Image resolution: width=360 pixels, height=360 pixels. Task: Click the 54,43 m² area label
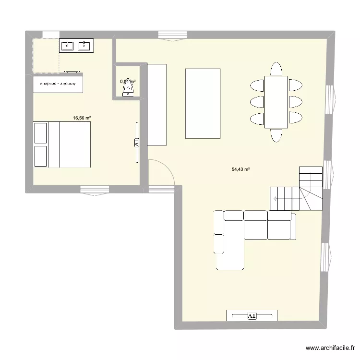[241, 169]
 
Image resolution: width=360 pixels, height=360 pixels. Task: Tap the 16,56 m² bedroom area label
[82, 117]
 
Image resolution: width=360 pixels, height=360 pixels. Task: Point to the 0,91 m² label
[128, 82]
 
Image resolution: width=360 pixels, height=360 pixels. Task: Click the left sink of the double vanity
[67, 46]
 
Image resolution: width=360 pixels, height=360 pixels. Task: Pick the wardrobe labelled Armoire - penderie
[58, 84]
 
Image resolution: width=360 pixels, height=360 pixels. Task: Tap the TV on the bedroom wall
[136, 143]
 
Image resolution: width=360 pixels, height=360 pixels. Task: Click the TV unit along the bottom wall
[252, 315]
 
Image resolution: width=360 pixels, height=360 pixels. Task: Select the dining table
[276, 102]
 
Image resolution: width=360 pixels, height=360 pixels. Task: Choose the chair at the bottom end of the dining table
[276, 135]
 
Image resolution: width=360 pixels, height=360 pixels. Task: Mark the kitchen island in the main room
[203, 103]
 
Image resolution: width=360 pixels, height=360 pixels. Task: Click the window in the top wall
[171, 35]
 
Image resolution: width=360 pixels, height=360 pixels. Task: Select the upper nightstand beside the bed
[40, 133]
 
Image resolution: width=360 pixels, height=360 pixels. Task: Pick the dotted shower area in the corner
[46, 55]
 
